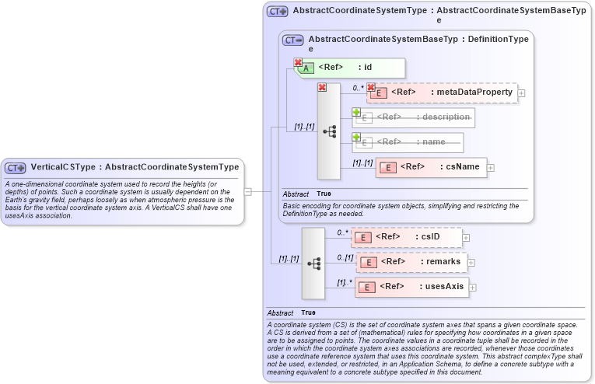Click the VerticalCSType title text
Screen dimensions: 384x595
[x=135, y=167]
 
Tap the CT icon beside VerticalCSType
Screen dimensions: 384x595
[x=16, y=168]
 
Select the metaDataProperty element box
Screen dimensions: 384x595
[x=442, y=93]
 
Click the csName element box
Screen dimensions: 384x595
[x=432, y=167]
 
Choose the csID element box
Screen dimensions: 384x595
[x=406, y=236]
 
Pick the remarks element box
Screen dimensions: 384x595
[x=411, y=262]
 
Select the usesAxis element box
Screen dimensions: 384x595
[x=411, y=287]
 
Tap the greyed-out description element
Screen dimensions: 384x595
[x=413, y=117]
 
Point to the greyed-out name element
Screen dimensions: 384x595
[x=408, y=142]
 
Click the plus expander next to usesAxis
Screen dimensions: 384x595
[x=472, y=288]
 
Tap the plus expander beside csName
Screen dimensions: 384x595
[x=491, y=167]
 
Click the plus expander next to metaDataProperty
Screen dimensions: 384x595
[x=521, y=93]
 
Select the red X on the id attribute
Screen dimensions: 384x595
[x=298, y=63]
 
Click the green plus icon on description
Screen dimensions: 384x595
[x=356, y=112]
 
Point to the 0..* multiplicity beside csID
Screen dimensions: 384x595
[x=342, y=232]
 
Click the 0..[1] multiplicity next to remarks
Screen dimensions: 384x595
[x=345, y=257]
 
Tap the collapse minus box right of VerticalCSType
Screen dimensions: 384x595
[x=247, y=190]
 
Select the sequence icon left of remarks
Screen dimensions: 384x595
[x=313, y=264]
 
